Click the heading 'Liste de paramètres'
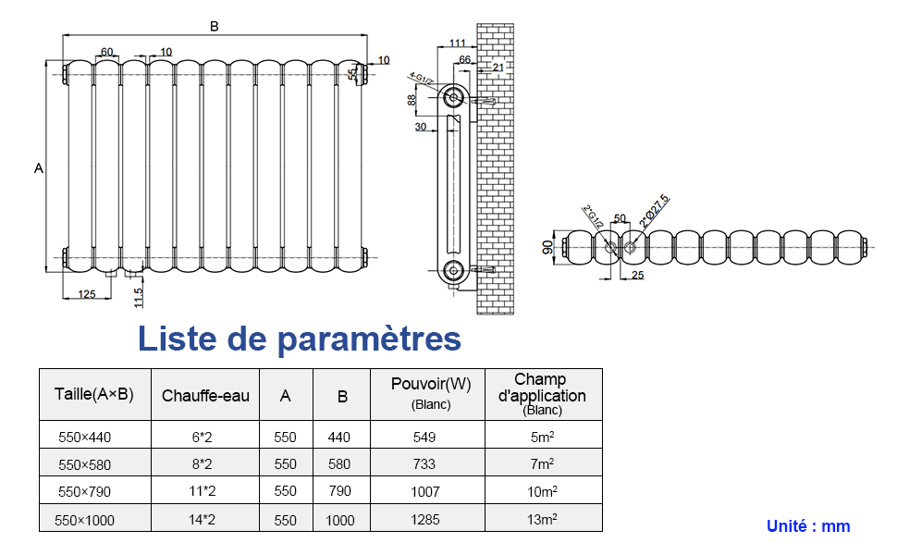point(299,339)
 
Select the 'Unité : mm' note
point(807,526)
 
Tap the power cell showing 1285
point(425,520)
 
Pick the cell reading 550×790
point(84,492)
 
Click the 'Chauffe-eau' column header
point(205,396)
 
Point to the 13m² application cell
point(542,520)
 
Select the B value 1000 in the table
point(340,520)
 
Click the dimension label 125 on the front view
point(86,294)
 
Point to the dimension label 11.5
point(139,297)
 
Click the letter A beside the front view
point(38,168)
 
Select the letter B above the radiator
point(215,27)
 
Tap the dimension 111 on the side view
point(457,43)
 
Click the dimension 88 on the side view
point(412,100)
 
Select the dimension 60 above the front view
point(107,52)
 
